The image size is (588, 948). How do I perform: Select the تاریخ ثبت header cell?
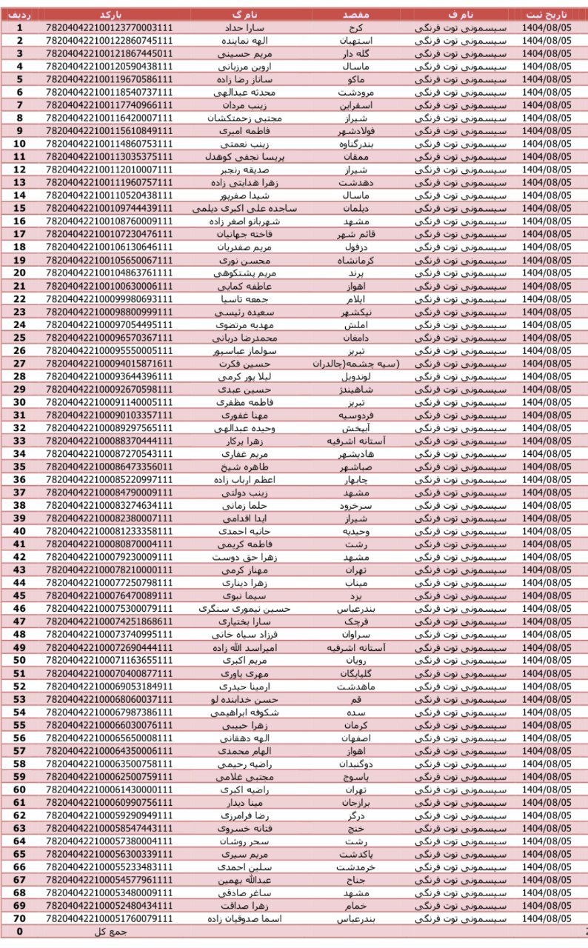pos(548,15)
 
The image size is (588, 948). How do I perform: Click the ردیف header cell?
pos(20,15)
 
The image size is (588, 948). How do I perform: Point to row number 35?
pos(20,467)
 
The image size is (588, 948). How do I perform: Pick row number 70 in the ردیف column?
pos(20,918)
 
